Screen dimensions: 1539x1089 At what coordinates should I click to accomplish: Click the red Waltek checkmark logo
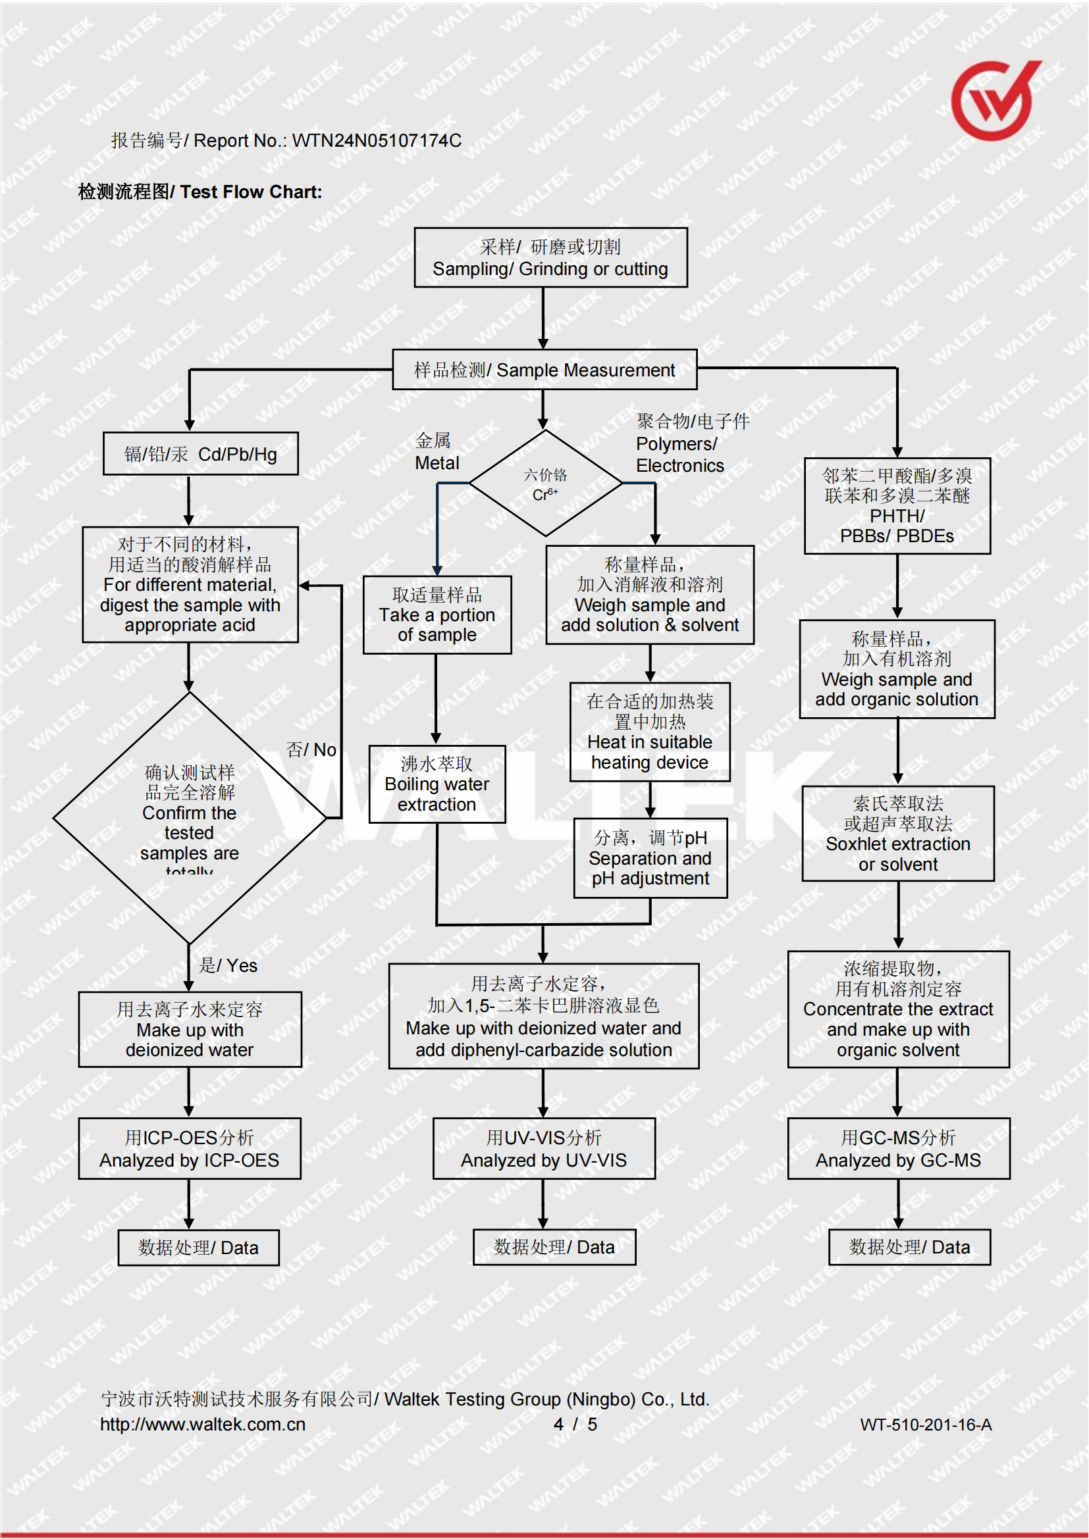[994, 101]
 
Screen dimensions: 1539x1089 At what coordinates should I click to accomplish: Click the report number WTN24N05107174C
[376, 141]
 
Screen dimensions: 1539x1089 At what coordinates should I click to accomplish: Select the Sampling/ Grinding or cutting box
[550, 258]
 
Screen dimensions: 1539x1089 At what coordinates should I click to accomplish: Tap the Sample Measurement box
[544, 370]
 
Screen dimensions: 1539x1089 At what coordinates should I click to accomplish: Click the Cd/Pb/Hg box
[201, 454]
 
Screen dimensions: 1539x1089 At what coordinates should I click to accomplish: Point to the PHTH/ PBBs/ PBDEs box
[897, 506]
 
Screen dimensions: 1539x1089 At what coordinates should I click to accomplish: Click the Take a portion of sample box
[437, 615]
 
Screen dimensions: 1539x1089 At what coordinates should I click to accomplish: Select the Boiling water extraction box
[437, 784]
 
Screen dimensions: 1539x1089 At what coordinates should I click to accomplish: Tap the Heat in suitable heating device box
[650, 732]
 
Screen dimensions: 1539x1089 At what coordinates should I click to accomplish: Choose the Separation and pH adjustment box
[651, 858]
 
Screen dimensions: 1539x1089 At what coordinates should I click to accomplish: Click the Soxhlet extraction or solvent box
[898, 834]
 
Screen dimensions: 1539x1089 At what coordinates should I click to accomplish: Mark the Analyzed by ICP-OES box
[190, 1149]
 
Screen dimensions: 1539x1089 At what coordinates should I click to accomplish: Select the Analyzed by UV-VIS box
[544, 1149]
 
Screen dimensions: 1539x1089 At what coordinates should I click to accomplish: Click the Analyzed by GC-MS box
[899, 1149]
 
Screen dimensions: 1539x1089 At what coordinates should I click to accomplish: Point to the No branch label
[312, 749]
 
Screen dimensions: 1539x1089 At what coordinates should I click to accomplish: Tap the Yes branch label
[228, 965]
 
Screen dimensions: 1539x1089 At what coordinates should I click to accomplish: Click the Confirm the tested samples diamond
[190, 818]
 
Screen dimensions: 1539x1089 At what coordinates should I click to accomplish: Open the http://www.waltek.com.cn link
[203, 1425]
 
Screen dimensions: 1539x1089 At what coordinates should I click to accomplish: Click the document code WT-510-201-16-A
[925, 1425]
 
